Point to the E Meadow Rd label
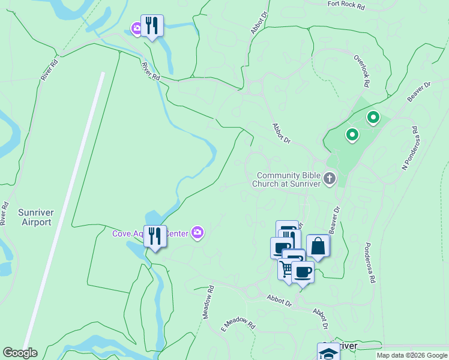point(238,324)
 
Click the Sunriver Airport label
point(35,217)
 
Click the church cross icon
point(329,178)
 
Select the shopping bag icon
point(318,246)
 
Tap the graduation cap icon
point(328,353)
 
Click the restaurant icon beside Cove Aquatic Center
point(155,236)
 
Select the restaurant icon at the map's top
point(152,25)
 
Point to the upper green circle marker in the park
point(373,118)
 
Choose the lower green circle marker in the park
point(352,136)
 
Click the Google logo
point(20,353)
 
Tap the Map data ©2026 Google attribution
point(412,355)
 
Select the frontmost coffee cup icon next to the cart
point(303,272)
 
